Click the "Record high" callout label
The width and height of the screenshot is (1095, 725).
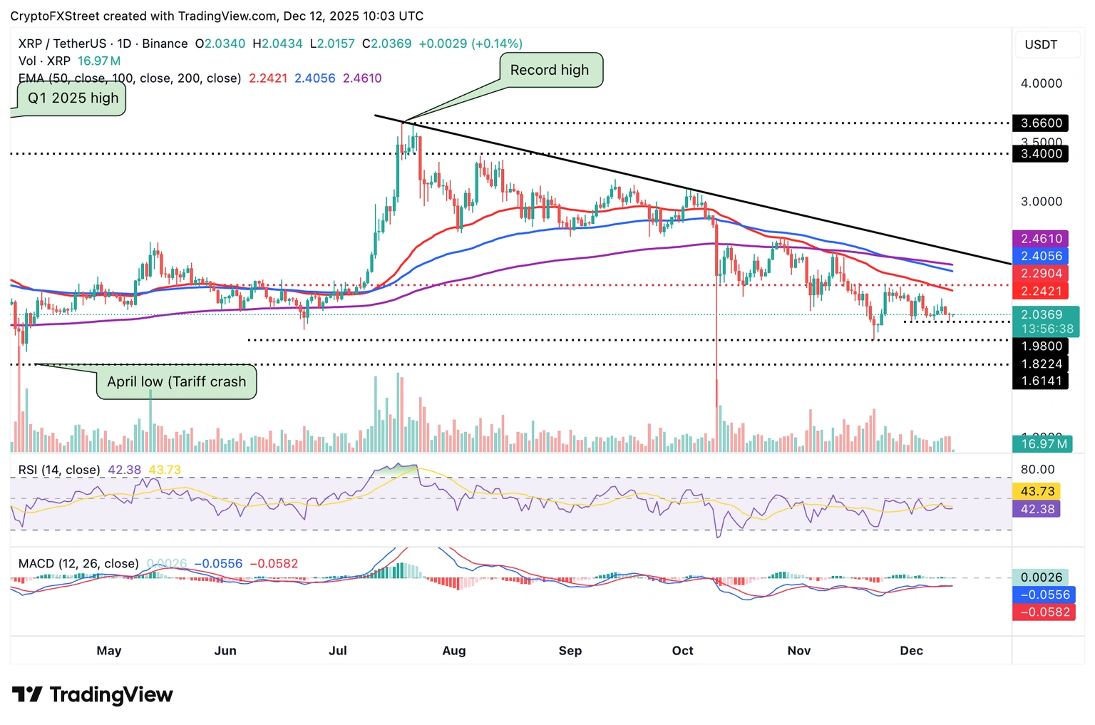click(x=549, y=70)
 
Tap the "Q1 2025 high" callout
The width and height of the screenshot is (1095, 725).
click(x=73, y=98)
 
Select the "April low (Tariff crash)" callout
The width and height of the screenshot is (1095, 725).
click(x=176, y=382)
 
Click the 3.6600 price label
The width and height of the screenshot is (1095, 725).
click(x=1040, y=123)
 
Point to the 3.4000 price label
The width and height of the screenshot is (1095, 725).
click(x=1040, y=153)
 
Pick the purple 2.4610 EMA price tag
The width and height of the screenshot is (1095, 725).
click(x=1041, y=239)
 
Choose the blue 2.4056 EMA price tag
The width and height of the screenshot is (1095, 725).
click(x=1041, y=256)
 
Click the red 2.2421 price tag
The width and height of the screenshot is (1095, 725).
click(x=1041, y=291)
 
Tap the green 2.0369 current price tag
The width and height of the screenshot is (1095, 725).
click(x=1045, y=321)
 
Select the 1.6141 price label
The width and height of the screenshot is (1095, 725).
click(x=1040, y=381)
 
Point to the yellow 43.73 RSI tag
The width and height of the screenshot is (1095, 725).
click(x=1037, y=491)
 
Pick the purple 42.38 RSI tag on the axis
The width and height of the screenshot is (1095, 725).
click(x=1037, y=509)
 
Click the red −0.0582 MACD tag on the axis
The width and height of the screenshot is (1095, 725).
click(x=1044, y=612)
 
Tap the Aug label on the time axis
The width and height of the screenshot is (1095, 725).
click(x=454, y=651)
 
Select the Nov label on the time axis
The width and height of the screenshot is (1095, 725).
click(x=799, y=651)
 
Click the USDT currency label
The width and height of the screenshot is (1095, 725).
click(x=1041, y=45)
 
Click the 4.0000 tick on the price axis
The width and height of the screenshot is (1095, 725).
click(x=1041, y=83)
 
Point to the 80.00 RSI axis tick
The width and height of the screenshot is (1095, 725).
click(x=1037, y=470)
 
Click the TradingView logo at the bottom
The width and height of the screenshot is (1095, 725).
click(x=93, y=694)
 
